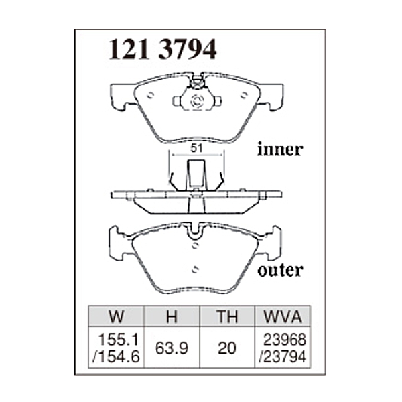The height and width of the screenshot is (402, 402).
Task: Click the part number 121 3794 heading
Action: click(163, 49)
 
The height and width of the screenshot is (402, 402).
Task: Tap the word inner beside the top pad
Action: click(280, 149)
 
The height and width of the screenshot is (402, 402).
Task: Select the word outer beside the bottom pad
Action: click(281, 270)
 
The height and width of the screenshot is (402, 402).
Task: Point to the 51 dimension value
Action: click(196, 149)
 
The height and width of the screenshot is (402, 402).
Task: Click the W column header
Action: click(117, 316)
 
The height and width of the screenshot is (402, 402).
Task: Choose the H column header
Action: click(172, 316)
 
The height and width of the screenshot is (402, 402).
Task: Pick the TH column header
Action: click(227, 316)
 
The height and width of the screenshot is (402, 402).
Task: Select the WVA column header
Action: click(283, 316)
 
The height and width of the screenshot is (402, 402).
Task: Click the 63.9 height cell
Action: click(172, 348)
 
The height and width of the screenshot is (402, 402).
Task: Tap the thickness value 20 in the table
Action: click(227, 348)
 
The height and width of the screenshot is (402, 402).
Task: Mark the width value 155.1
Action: click(119, 340)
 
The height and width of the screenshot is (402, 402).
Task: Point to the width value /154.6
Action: click(117, 356)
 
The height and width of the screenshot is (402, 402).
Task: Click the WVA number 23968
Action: click(285, 340)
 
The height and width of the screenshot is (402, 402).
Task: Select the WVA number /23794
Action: click(283, 356)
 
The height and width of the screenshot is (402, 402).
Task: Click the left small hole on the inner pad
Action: click(151, 95)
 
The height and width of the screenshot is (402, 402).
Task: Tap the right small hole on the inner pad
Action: click(244, 95)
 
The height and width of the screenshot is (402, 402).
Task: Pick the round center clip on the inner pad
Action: click(197, 100)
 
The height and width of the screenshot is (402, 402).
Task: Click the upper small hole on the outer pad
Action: click(195, 245)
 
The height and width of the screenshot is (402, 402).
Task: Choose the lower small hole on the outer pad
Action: click(195, 269)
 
